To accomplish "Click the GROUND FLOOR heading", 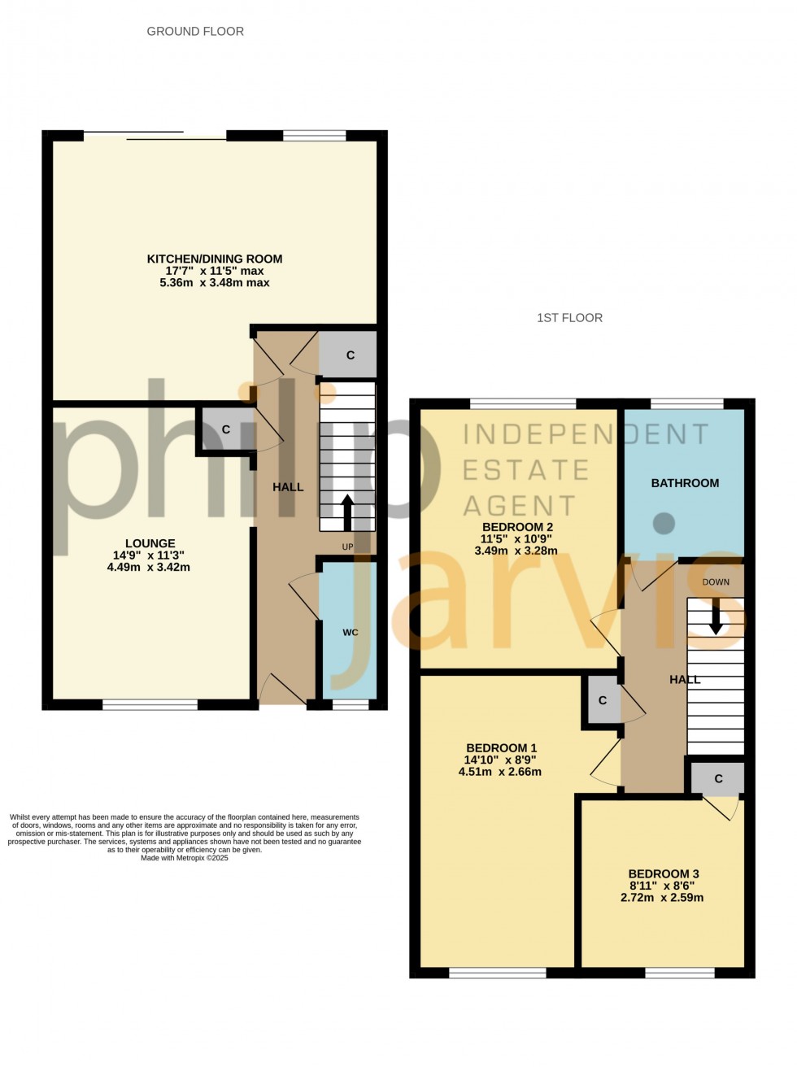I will coord(195,32).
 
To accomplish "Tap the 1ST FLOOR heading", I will coord(569,318).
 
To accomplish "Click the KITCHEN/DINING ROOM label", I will coord(215,259).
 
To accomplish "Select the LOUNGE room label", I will coord(150,543).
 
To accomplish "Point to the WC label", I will coord(350,632).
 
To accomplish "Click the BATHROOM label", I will coord(685,483).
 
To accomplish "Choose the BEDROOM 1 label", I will coord(501,748).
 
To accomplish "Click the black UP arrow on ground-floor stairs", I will coord(347,512).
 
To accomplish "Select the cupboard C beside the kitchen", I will coord(350,355).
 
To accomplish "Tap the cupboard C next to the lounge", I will coord(225,429).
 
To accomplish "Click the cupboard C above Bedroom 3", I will coord(718,779).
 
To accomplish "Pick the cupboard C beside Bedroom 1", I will coord(603,700).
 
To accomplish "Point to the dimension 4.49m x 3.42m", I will coord(149,567).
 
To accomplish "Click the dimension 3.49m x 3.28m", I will coord(516,551).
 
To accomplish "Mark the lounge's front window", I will coord(150,704).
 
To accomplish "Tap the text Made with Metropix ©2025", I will coord(185,858).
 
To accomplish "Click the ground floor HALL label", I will coord(288,487).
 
